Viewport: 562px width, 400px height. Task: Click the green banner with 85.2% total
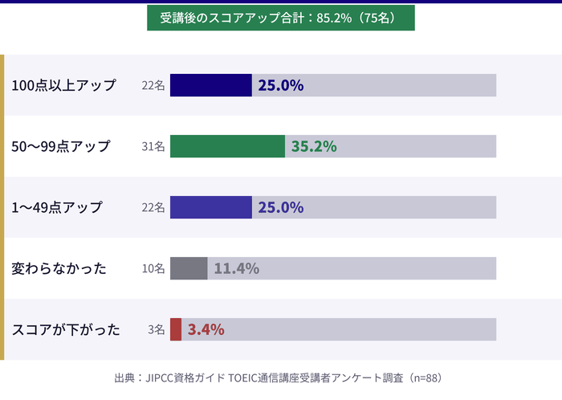pos(281,18)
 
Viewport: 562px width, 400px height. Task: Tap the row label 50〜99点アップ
pos(61,146)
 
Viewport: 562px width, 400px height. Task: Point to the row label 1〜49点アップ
pos(57,207)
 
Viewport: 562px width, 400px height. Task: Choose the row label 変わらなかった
pos(59,268)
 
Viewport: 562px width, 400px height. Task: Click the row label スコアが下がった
pos(66,329)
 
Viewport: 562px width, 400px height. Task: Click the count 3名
pos(157,329)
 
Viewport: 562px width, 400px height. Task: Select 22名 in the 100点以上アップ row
pos(153,85)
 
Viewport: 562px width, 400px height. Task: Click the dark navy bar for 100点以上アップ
pos(211,85)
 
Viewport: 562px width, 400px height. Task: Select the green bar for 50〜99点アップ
pos(228,146)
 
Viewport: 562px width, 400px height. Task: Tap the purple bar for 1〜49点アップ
pos(211,207)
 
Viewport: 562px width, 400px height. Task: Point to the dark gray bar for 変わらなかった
pos(189,268)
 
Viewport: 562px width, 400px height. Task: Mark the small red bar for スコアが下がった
pos(176,329)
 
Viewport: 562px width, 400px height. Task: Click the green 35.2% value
pos(314,146)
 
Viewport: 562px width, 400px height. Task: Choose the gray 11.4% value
pos(236,268)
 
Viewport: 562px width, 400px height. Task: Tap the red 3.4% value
pos(206,329)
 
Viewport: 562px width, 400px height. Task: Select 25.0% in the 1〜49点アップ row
pos(280,207)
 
